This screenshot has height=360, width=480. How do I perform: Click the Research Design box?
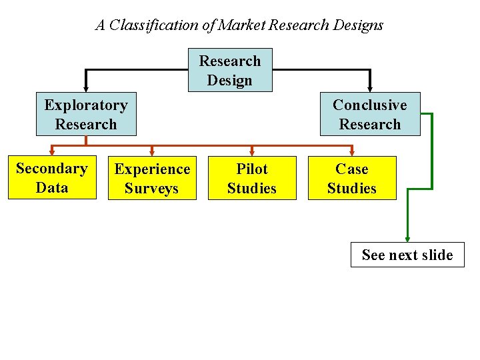point(230,70)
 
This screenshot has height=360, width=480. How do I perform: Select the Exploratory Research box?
point(86,114)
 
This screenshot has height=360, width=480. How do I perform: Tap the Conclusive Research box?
point(370,114)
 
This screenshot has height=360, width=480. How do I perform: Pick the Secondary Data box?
point(52,177)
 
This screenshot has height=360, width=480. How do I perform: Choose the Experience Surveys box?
point(152,178)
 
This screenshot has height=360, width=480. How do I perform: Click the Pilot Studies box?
point(252,178)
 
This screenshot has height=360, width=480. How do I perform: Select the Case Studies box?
point(352,178)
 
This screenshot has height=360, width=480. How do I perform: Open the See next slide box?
point(407,255)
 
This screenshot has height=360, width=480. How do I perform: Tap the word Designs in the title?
point(359,25)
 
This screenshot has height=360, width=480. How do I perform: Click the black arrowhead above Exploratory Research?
point(86,87)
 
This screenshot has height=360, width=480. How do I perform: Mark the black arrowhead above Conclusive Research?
point(370,87)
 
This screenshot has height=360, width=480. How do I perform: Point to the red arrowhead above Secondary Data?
point(52,152)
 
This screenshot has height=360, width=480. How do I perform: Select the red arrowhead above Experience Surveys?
point(152,152)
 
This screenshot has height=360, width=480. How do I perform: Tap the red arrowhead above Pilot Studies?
point(252,152)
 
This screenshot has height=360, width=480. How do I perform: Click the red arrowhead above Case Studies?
point(352,152)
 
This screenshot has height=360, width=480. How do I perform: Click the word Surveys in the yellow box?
point(152,188)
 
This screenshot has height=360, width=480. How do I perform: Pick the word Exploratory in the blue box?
point(86,105)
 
